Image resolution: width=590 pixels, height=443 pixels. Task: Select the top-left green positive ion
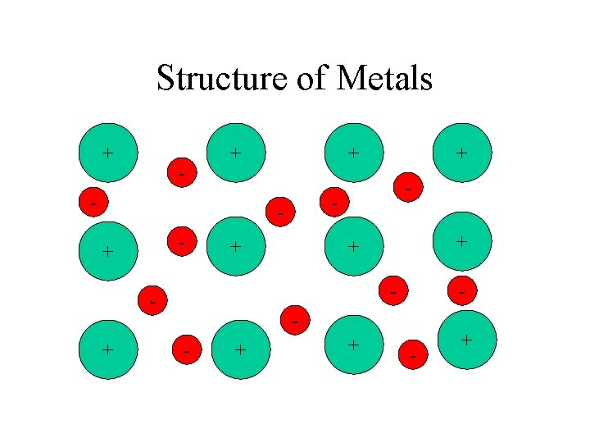pos(107,153)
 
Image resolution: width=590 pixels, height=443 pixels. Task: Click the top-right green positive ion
pos(463,152)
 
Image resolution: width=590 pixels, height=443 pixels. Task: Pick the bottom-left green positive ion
pos(107,349)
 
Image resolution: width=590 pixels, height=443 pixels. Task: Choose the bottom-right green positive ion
pos(466,339)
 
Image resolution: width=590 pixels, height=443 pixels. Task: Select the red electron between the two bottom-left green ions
pos(188,350)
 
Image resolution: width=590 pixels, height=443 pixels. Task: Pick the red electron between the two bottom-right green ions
pos(413,354)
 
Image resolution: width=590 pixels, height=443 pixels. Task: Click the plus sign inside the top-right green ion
pos(463,152)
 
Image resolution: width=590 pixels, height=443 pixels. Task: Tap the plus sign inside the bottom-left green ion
pos(107,349)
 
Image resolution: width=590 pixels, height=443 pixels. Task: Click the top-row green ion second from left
pos(236,152)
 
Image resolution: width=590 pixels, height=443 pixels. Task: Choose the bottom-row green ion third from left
pos(353,345)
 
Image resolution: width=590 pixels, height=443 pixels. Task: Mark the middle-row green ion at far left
pos(107,251)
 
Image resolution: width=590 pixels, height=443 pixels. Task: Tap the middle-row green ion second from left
pos(236,246)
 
